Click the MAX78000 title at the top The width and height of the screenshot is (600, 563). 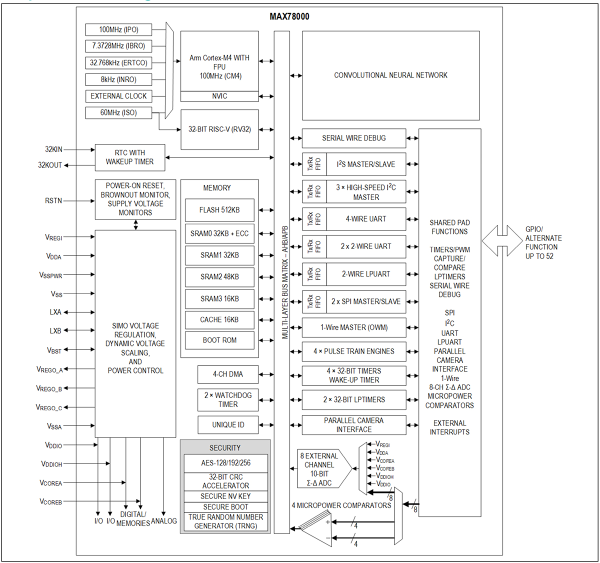tap(289, 16)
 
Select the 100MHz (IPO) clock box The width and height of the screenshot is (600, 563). tap(118, 29)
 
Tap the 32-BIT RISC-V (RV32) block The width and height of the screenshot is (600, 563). tap(219, 129)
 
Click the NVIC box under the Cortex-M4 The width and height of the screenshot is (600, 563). tap(219, 96)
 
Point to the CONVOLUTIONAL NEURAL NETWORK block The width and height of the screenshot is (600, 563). tap(390, 75)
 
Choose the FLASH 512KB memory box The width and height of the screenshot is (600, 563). tap(219, 210)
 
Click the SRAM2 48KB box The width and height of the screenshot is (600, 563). tap(219, 276)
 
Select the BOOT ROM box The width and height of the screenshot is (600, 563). tap(219, 340)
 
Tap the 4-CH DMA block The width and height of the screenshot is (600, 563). tap(228, 374)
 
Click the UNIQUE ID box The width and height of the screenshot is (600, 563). tap(228, 424)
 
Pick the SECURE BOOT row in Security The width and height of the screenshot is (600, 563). tap(225, 506)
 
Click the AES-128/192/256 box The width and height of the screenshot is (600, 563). tap(225, 463)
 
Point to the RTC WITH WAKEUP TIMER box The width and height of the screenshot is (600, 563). tap(130, 157)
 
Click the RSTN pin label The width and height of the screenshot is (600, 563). tap(53, 200)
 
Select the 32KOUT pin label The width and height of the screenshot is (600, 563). tap(50, 165)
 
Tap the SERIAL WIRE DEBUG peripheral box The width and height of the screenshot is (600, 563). tap(354, 138)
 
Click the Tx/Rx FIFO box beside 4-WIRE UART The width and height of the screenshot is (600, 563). tap(314, 219)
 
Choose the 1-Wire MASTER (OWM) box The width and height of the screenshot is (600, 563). tap(354, 327)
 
